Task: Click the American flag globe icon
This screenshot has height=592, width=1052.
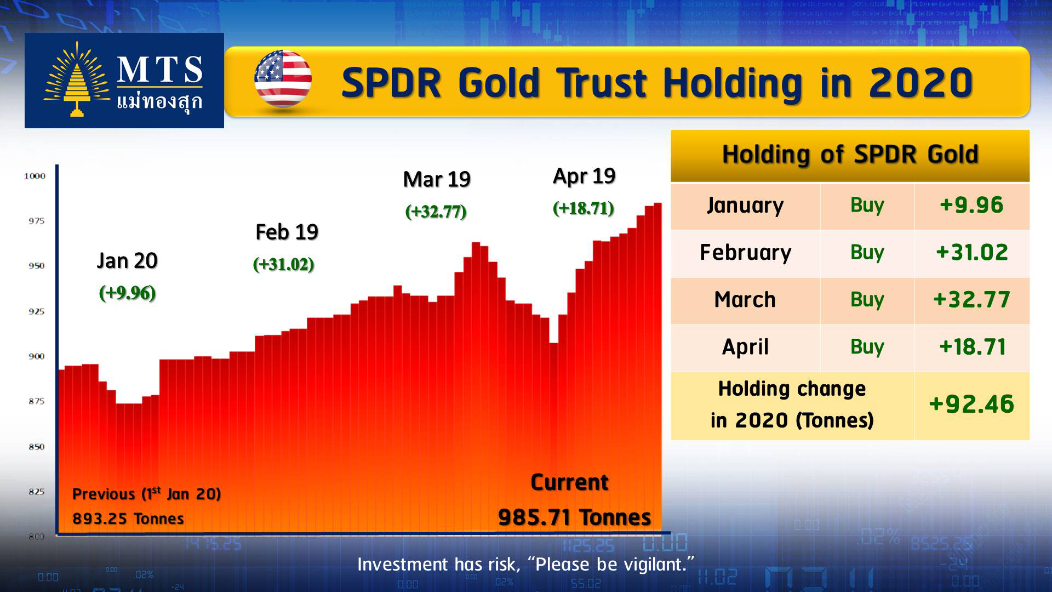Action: pos(283,79)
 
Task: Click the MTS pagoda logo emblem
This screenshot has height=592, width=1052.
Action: pos(76,79)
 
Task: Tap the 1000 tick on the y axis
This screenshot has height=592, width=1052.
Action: pos(35,176)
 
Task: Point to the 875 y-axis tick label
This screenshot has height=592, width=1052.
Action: pos(36,401)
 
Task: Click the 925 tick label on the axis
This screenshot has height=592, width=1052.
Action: pos(36,311)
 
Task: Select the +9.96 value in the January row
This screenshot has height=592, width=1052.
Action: pos(971,205)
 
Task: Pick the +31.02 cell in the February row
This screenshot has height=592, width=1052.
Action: pos(972,252)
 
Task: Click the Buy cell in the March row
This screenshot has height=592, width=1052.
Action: pos(867,300)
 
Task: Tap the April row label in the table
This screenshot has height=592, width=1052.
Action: pos(745,347)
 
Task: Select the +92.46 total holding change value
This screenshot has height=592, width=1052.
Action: pos(971,404)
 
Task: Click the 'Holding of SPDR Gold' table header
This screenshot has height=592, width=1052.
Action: pos(850,154)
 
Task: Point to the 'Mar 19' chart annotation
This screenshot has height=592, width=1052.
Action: pos(437,179)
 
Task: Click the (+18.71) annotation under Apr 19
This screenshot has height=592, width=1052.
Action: pos(584,208)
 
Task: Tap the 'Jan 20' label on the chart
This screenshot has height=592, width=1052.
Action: pos(127,261)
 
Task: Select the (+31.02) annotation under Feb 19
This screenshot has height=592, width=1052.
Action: pos(283,264)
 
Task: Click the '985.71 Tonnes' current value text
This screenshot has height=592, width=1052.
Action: pos(574,517)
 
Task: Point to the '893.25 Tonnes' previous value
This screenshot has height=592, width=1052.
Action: pos(128,519)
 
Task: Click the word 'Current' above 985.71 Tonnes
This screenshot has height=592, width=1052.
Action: pos(569,482)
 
